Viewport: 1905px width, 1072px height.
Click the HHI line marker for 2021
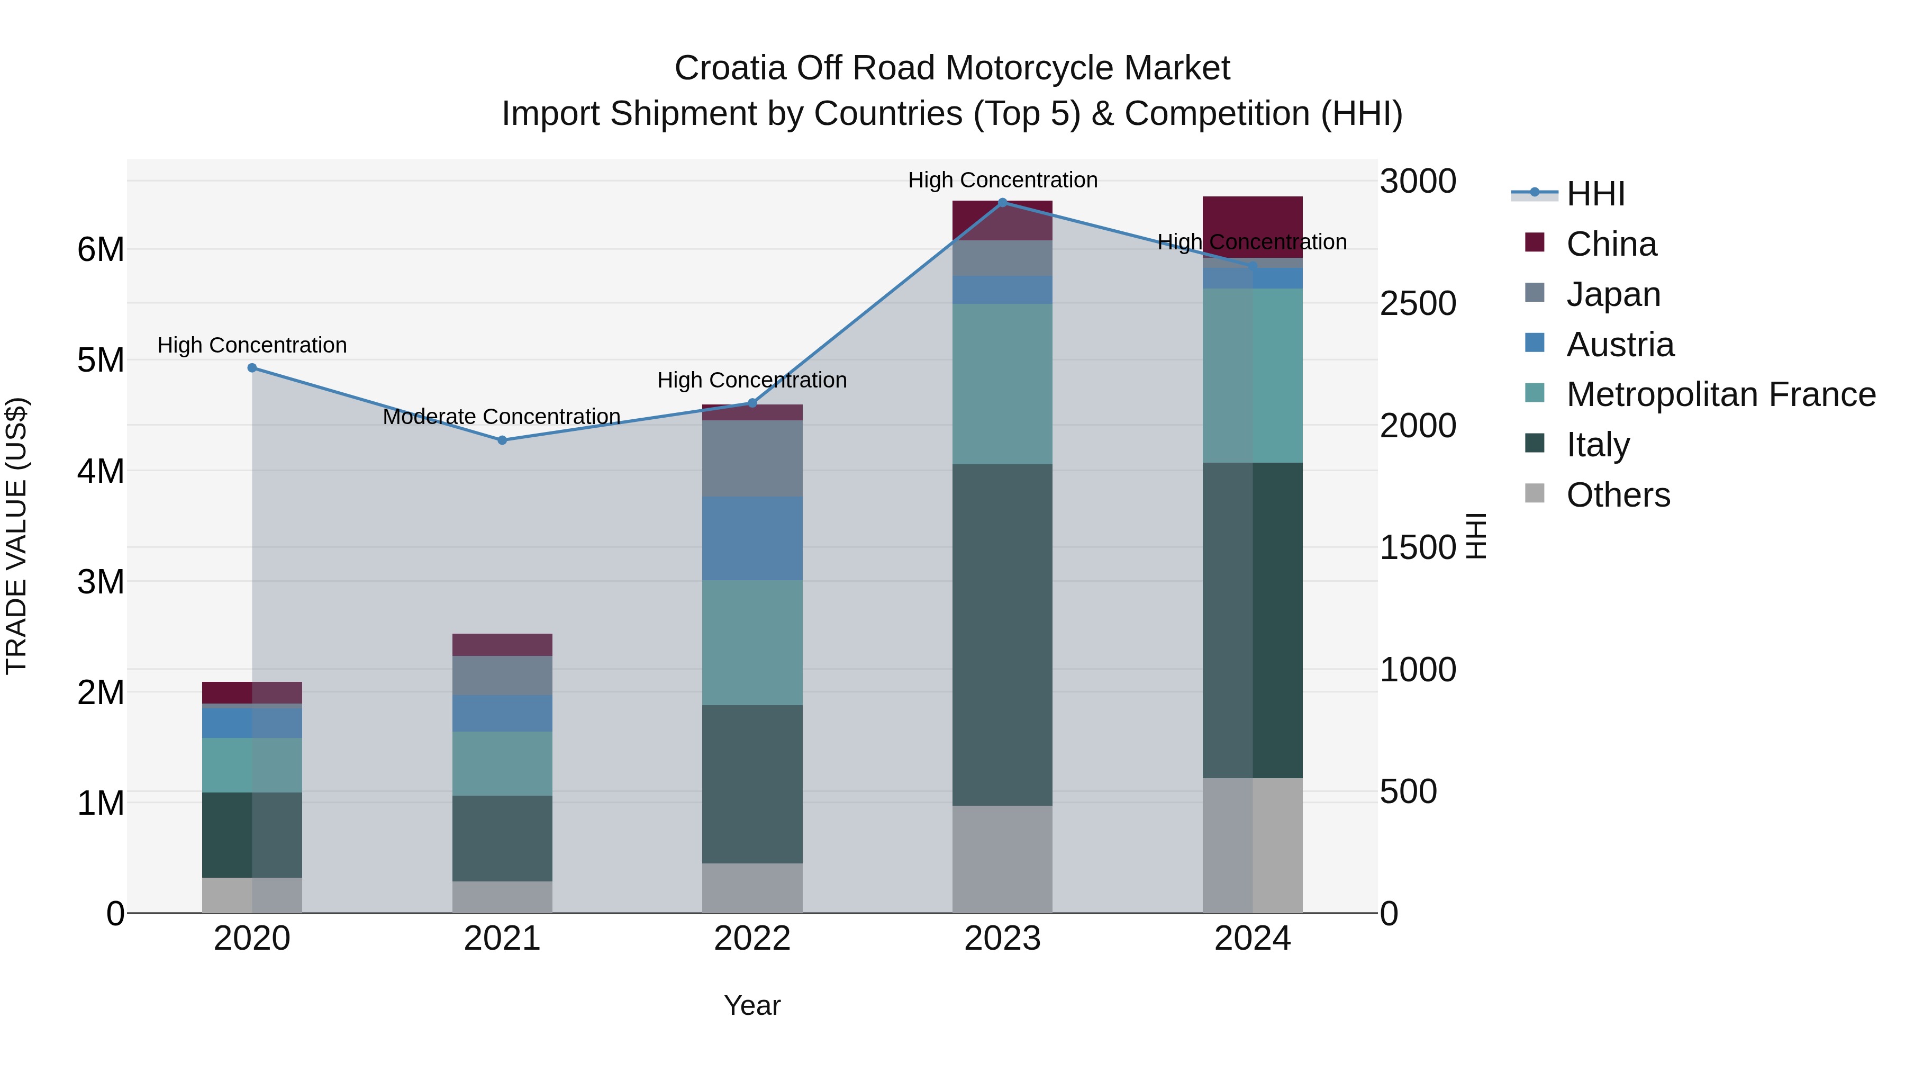[x=502, y=440]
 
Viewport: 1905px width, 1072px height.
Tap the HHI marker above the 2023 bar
[x=1002, y=202]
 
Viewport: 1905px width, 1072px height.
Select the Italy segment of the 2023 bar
[x=1002, y=635]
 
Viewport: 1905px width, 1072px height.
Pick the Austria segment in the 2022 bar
[x=752, y=538]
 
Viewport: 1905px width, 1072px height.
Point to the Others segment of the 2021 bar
[x=502, y=897]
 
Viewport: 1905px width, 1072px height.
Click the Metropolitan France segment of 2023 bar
[x=1002, y=384]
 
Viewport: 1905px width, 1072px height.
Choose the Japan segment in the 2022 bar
[x=752, y=458]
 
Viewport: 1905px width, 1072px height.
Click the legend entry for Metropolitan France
[x=1720, y=394]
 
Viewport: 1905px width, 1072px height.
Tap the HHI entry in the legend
[x=1595, y=194]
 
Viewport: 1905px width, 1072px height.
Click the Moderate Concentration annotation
[x=502, y=417]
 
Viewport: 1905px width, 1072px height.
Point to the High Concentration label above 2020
[x=252, y=346]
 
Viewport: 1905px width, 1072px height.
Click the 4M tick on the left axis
[x=101, y=471]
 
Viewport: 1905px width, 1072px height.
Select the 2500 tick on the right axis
[x=1418, y=303]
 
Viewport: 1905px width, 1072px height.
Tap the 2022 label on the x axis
[x=752, y=939]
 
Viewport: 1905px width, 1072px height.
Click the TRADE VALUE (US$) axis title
[x=16, y=536]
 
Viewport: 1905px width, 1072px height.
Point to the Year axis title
[x=752, y=1005]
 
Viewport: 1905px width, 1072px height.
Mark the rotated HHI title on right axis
[x=1476, y=536]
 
